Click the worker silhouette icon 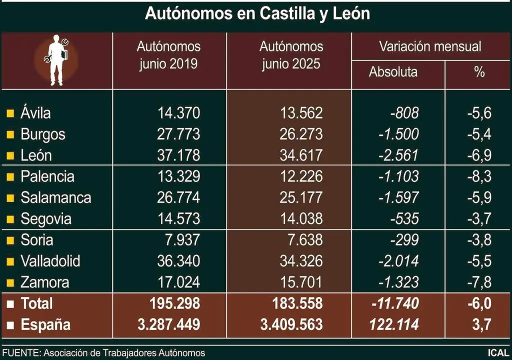click(56, 60)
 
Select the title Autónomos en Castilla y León click(257, 13)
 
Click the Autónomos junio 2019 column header click(168, 55)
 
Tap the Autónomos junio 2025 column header click(291, 55)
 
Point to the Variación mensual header click(429, 47)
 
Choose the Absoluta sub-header click(393, 72)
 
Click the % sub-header click(479, 72)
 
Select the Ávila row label click(35, 113)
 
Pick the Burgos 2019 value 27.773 click(178, 134)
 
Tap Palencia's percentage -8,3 click(478, 176)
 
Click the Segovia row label click(46, 219)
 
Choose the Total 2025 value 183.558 click(292, 303)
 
